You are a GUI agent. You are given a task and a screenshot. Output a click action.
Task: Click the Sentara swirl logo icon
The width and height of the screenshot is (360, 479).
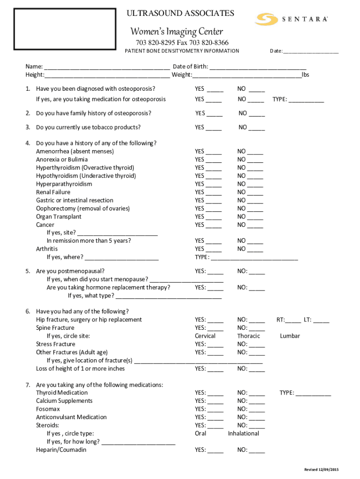point(266,19)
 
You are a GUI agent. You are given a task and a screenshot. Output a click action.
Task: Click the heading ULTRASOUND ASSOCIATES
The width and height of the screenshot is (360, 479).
point(180,14)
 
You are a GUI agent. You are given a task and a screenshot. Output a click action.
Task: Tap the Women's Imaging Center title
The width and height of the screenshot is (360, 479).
point(176,32)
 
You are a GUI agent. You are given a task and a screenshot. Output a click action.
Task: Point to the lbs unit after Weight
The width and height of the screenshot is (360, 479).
point(306,75)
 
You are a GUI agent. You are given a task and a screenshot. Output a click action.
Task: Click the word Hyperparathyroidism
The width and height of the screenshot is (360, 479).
point(64,184)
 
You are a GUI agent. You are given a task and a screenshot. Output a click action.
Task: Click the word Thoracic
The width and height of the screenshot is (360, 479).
point(248,336)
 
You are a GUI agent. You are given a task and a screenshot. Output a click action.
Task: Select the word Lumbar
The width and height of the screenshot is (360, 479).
point(290,336)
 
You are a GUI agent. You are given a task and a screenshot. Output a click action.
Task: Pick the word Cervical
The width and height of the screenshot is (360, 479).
point(205,336)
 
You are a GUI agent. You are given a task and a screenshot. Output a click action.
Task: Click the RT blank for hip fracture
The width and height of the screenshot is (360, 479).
point(293,321)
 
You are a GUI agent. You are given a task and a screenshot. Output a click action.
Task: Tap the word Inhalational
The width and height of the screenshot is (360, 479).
point(243,434)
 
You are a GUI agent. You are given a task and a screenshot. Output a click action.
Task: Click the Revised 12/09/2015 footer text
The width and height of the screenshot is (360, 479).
point(321,469)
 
